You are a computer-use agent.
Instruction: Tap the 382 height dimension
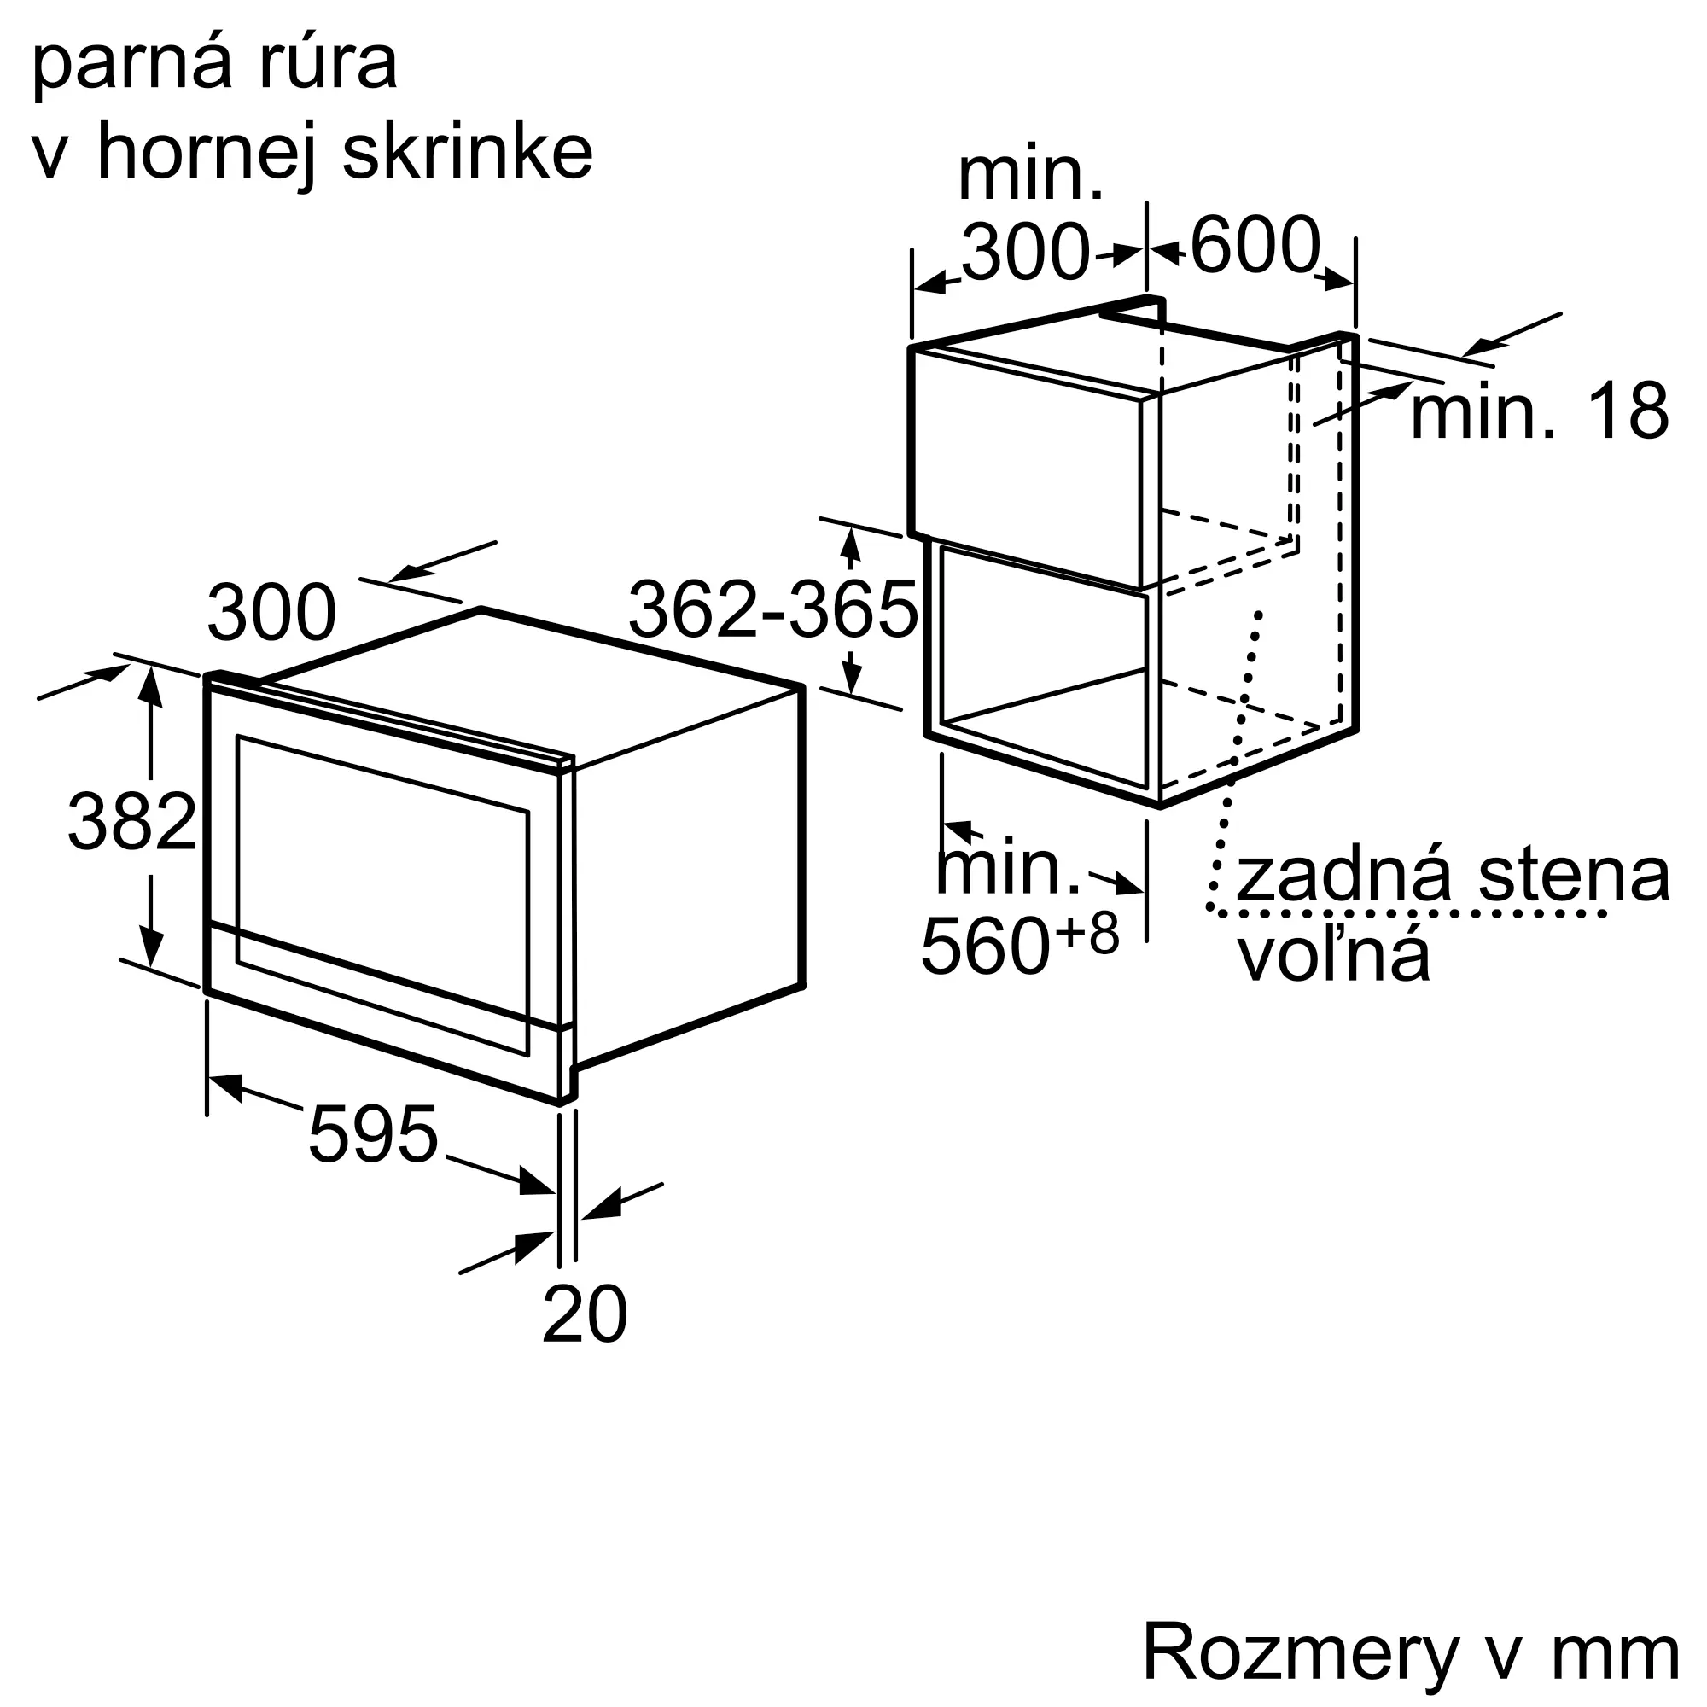(x=131, y=823)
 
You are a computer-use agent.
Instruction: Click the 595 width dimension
(x=373, y=1134)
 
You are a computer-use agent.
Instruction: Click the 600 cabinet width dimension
(x=1255, y=245)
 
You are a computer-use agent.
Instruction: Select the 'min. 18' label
(x=1539, y=411)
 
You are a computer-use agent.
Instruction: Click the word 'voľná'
(x=1333, y=957)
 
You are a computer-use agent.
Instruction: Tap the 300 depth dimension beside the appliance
(x=271, y=612)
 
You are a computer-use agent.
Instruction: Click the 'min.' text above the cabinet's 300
(x=1030, y=177)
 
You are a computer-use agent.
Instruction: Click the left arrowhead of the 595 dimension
(x=224, y=1085)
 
